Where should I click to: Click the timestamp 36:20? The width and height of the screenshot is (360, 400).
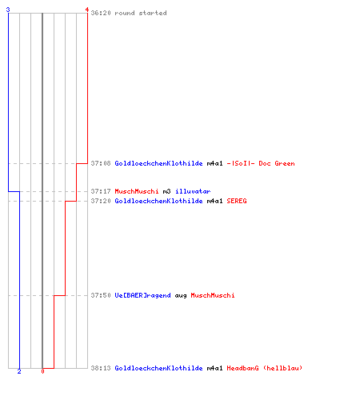[x=101, y=13]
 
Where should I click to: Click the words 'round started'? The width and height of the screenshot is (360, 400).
[x=141, y=13]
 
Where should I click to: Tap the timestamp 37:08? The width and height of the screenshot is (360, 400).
[x=101, y=163]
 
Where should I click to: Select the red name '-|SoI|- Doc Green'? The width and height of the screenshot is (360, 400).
[x=261, y=163]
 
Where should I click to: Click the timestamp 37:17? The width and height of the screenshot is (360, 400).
[x=101, y=191]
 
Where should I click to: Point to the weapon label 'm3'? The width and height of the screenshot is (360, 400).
[x=166, y=191]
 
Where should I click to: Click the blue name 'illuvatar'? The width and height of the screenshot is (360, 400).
[x=193, y=191]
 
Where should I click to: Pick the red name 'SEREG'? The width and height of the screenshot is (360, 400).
[x=237, y=201]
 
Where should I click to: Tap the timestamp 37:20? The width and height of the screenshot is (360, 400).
[x=101, y=201]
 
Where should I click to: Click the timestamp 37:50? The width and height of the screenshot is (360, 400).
[x=101, y=295]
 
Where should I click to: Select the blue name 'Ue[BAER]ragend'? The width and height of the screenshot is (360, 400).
[x=142, y=295]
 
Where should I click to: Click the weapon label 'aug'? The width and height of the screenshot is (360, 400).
[x=181, y=296]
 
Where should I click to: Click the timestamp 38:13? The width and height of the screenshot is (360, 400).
[x=101, y=368]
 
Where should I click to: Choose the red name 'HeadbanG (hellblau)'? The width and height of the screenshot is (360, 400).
[x=265, y=368]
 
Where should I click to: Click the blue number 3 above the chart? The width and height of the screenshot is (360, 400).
[x=8, y=10]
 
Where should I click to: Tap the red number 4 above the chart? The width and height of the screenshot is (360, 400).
[x=87, y=10]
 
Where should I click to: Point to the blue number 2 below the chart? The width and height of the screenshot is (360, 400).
[x=19, y=371]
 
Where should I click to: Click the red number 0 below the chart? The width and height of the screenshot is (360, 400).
[x=42, y=371]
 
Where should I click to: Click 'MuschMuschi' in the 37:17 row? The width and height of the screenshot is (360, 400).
[x=137, y=191]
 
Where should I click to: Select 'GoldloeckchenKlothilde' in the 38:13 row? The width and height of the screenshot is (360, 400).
[x=158, y=368]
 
